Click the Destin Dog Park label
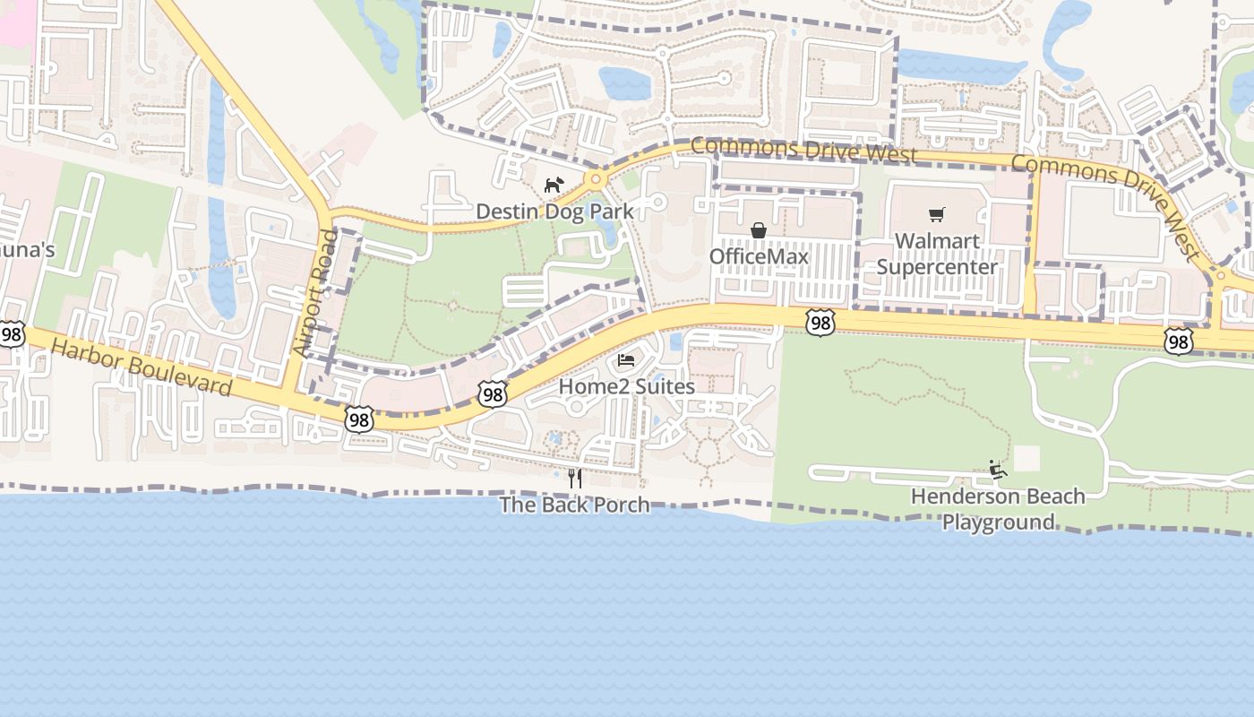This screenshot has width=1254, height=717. point(554,212)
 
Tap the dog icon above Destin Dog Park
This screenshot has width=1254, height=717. point(554,186)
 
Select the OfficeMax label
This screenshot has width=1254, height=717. point(759,257)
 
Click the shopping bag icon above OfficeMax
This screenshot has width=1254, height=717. point(759,231)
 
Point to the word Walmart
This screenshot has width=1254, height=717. point(937,241)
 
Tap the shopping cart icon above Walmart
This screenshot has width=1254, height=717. point(937,215)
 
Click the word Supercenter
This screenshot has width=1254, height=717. point(937,267)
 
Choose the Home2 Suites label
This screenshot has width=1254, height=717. point(626,387)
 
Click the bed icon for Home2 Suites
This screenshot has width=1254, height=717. point(626,361)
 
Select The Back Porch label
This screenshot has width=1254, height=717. point(574,505)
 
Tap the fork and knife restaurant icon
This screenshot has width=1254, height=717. point(575,479)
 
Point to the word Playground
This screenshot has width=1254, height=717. point(998,522)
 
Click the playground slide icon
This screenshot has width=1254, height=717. point(998,470)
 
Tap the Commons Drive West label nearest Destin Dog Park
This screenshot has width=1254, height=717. point(803,150)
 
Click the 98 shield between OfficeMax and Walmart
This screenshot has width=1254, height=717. point(820,323)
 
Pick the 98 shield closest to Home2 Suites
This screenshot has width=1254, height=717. point(493,394)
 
